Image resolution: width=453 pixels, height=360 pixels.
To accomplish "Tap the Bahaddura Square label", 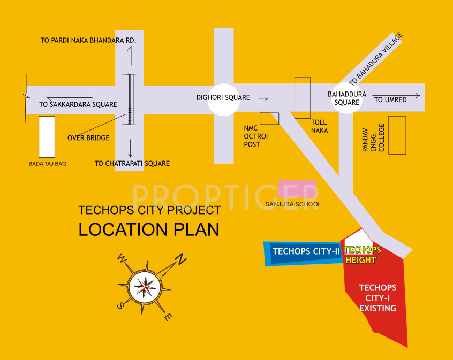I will click(347, 98).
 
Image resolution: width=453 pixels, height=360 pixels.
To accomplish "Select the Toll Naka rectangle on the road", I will click(303, 98).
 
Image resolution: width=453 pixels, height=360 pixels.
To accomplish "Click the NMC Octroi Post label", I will click(255, 136).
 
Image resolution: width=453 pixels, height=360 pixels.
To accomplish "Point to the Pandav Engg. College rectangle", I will click(397, 135).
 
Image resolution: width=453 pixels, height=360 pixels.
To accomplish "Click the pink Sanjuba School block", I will click(297, 190).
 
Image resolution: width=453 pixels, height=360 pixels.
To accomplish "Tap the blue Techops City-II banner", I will click(303, 252).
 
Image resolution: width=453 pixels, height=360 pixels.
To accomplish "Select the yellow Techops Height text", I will click(361, 255).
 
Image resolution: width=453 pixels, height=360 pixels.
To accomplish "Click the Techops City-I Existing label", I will click(378, 298).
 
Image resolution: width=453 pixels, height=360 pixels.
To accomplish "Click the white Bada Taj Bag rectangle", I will click(47, 136).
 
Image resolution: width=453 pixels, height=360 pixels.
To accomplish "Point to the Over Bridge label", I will click(88, 138).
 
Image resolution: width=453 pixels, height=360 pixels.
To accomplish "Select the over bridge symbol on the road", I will click(130, 99).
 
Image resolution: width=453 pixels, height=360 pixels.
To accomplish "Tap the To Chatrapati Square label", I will click(132, 163).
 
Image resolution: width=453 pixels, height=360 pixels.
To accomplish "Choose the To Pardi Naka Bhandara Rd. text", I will click(88, 40).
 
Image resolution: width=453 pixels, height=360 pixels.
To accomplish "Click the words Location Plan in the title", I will click(149, 229).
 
